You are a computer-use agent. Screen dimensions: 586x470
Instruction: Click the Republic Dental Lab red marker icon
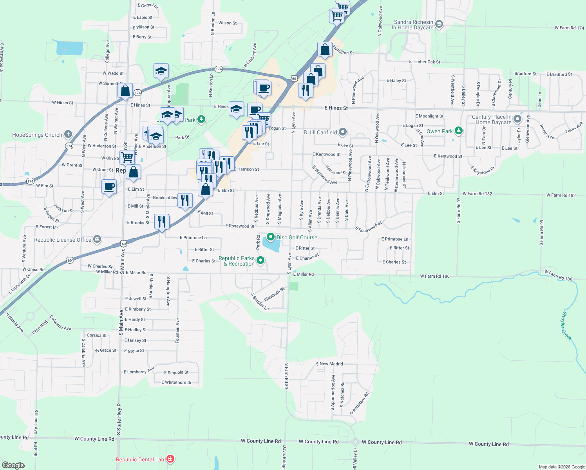point(170,459)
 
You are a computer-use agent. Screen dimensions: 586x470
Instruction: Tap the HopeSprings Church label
point(37,135)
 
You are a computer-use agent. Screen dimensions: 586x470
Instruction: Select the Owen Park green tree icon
point(459,131)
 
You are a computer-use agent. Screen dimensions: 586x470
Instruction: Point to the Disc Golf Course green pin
point(270,237)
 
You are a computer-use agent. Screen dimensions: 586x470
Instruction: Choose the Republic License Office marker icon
point(97,239)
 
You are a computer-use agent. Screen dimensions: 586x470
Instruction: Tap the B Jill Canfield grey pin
point(343,132)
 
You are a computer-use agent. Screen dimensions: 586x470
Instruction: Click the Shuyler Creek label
point(567,326)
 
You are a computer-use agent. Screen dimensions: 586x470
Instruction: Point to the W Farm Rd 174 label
point(569,28)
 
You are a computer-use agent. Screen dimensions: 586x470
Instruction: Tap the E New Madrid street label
point(329,364)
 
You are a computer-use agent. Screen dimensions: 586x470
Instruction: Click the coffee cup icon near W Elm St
point(109,186)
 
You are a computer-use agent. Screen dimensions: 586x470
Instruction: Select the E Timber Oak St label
point(425,62)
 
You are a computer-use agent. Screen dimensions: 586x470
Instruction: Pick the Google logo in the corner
point(13,465)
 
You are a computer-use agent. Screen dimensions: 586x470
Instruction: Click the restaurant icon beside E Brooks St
point(162,221)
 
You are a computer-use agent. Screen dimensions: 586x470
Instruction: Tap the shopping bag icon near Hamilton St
point(325,50)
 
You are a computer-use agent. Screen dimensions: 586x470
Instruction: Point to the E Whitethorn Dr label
point(176,383)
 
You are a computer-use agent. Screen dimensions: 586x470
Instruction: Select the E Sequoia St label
point(176,372)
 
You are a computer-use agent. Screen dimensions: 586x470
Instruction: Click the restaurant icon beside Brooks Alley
point(185,200)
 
